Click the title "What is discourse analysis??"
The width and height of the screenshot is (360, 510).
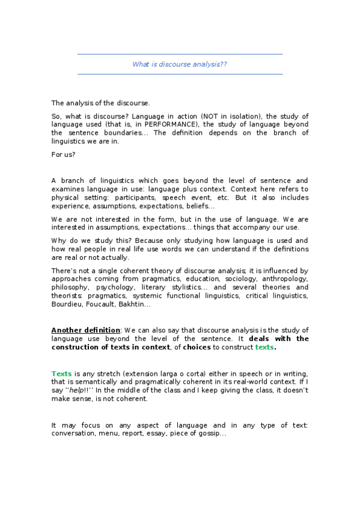(x=180, y=64)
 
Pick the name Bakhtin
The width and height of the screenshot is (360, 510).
(x=138, y=304)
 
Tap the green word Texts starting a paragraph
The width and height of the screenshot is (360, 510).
(x=61, y=373)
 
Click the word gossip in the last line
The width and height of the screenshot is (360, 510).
(x=210, y=434)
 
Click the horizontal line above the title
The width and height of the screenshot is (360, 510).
(x=180, y=55)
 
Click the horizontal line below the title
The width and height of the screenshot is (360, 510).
(x=180, y=75)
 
